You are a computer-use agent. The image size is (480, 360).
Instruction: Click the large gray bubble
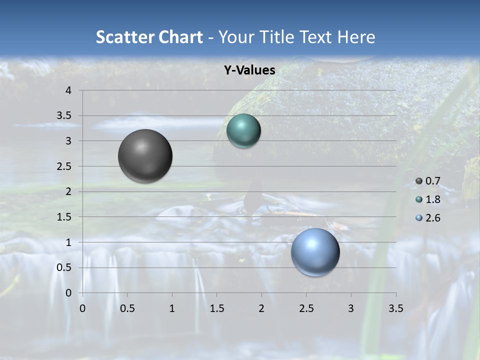coord(145,156)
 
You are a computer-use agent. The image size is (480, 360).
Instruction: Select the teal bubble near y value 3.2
coord(243,131)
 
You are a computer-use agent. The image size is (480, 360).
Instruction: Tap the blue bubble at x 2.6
coord(315,252)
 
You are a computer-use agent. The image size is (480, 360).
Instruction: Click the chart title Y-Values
coord(249,70)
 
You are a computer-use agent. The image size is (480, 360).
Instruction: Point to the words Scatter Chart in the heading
coord(149,36)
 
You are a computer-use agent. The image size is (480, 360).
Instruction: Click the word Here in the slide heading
coord(356,36)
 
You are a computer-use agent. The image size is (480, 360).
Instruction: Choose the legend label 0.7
coord(433,181)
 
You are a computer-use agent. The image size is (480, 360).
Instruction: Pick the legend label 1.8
coord(433,199)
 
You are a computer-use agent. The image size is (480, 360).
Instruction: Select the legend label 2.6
coord(433,218)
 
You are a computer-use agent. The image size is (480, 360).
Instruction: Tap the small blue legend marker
coord(419,218)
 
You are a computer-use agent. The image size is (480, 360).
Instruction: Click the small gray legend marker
coord(419,181)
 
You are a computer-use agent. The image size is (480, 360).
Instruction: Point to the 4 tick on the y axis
coord(68,90)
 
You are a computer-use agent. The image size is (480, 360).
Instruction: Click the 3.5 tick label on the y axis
coord(64,116)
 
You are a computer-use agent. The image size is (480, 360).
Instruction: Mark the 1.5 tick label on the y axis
coord(64,217)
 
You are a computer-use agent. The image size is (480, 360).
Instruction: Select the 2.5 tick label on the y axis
coord(64,166)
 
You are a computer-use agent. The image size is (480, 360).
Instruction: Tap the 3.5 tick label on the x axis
coord(395,308)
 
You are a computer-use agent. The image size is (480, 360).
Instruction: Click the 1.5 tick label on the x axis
coord(216,308)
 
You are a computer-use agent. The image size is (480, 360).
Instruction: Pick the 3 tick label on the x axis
coord(351,308)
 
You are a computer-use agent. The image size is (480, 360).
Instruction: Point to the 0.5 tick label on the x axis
coord(127,308)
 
